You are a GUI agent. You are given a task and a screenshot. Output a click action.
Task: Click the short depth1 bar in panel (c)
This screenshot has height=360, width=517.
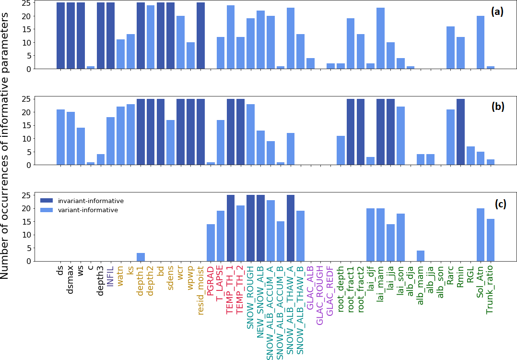pos(141,257)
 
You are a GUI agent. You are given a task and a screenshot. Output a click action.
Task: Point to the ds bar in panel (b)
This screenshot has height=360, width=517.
pos(60,137)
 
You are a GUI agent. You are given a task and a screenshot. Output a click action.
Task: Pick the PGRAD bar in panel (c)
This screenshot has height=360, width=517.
pos(211,242)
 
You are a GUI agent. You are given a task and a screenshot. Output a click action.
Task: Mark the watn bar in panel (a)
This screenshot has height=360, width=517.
pos(120,54)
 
